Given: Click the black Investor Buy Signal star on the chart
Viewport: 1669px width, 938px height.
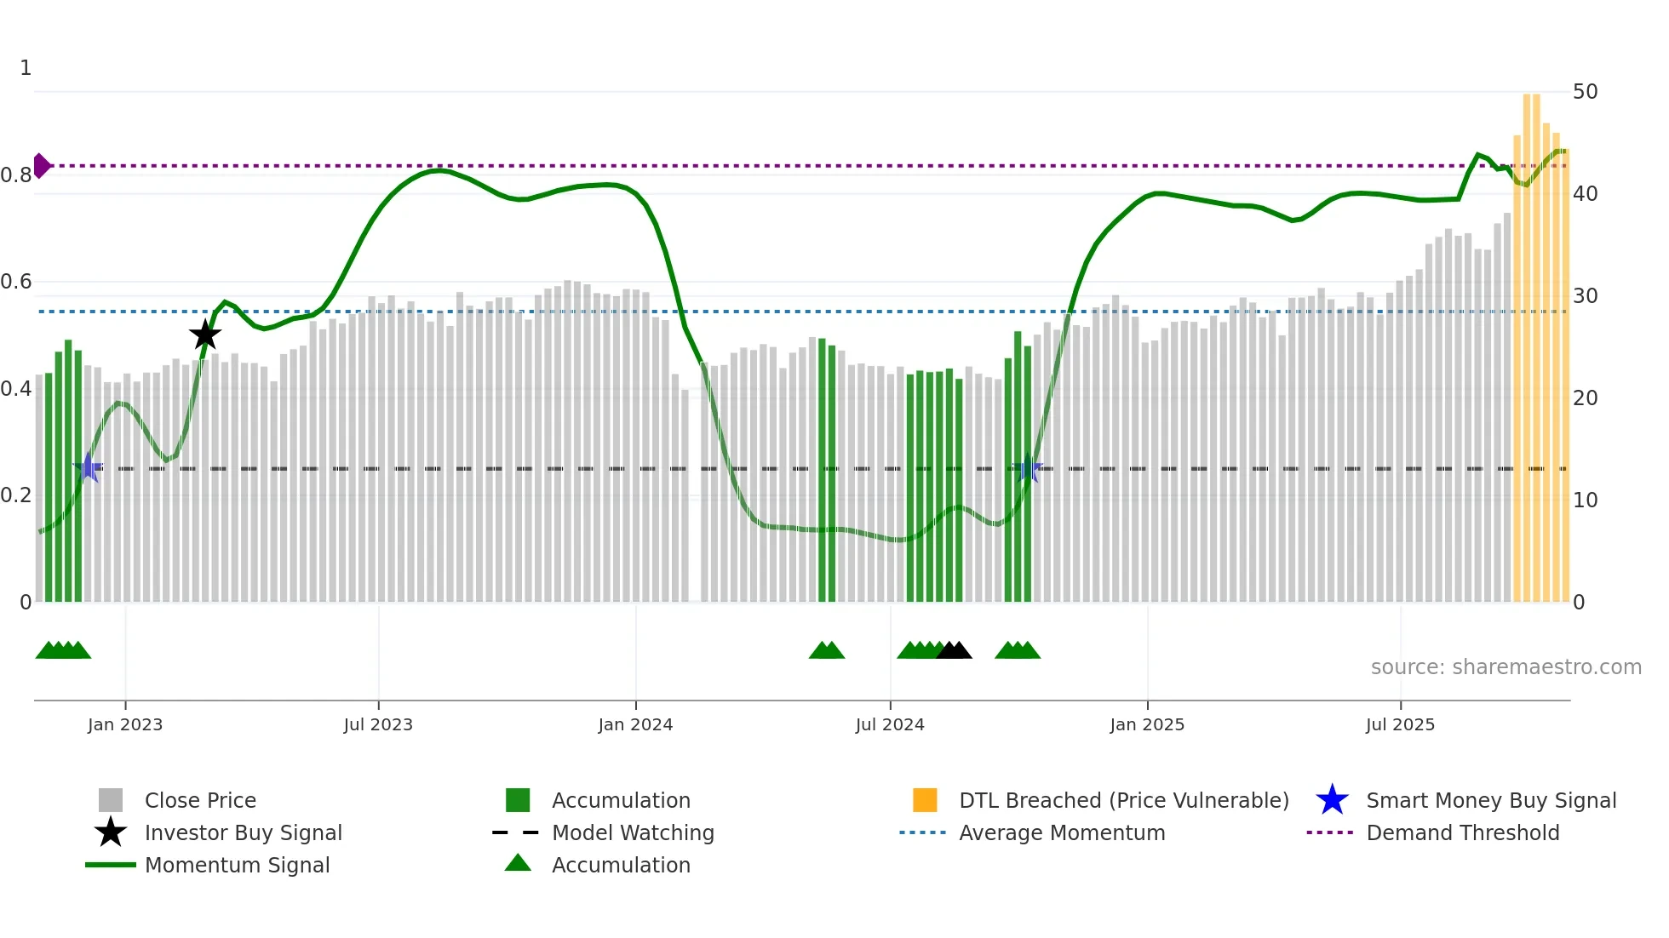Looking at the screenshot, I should click(x=204, y=335).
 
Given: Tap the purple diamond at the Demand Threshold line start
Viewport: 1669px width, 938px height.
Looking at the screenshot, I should click(x=41, y=166).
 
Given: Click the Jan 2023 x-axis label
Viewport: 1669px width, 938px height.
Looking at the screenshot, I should click(x=125, y=724).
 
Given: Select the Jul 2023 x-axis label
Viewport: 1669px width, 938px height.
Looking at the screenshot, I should click(x=378, y=724).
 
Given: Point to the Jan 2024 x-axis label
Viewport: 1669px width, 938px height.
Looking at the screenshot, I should click(x=635, y=724).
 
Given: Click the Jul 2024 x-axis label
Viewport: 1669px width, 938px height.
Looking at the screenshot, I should click(x=890, y=724).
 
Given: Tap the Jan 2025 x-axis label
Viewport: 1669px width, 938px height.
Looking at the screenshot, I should click(x=1147, y=724).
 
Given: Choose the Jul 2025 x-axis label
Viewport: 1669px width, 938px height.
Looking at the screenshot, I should click(x=1400, y=724).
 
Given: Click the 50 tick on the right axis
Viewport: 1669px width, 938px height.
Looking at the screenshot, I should click(x=1585, y=92).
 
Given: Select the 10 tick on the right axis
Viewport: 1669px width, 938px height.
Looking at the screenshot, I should click(x=1585, y=500).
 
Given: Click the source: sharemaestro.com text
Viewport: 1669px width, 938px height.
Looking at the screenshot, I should click(x=1506, y=667).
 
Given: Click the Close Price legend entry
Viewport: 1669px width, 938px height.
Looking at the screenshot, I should click(x=200, y=800).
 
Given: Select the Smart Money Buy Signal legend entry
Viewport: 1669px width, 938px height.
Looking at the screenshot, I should click(x=1490, y=800).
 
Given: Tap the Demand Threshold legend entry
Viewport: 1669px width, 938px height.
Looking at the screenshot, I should click(x=1462, y=832).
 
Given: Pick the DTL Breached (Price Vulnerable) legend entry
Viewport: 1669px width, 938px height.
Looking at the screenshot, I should click(x=1123, y=800).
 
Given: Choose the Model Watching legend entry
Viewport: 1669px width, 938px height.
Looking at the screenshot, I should click(x=633, y=832).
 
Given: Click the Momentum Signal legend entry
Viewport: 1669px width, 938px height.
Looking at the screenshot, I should click(x=237, y=865).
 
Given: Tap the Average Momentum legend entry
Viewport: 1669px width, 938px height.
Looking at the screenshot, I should click(x=1062, y=832).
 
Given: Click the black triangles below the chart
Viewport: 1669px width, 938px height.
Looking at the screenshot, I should click(x=954, y=651).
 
